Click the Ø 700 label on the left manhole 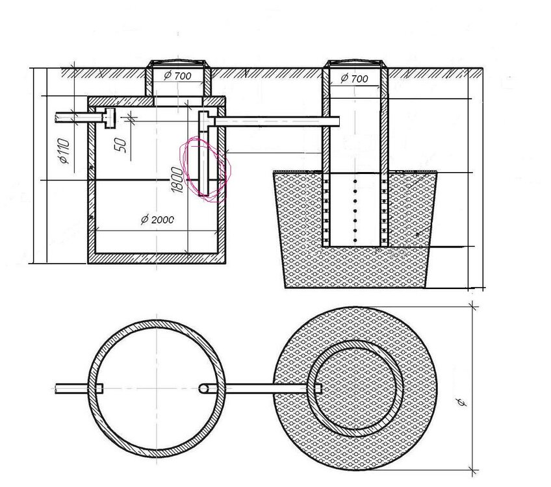click(x=177, y=75)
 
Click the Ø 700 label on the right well click(x=354, y=78)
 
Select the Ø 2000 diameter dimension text click(x=157, y=219)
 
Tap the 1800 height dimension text click(x=177, y=180)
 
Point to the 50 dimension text click(x=120, y=145)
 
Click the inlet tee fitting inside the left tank click(x=109, y=118)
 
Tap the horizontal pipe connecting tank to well click(x=277, y=121)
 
